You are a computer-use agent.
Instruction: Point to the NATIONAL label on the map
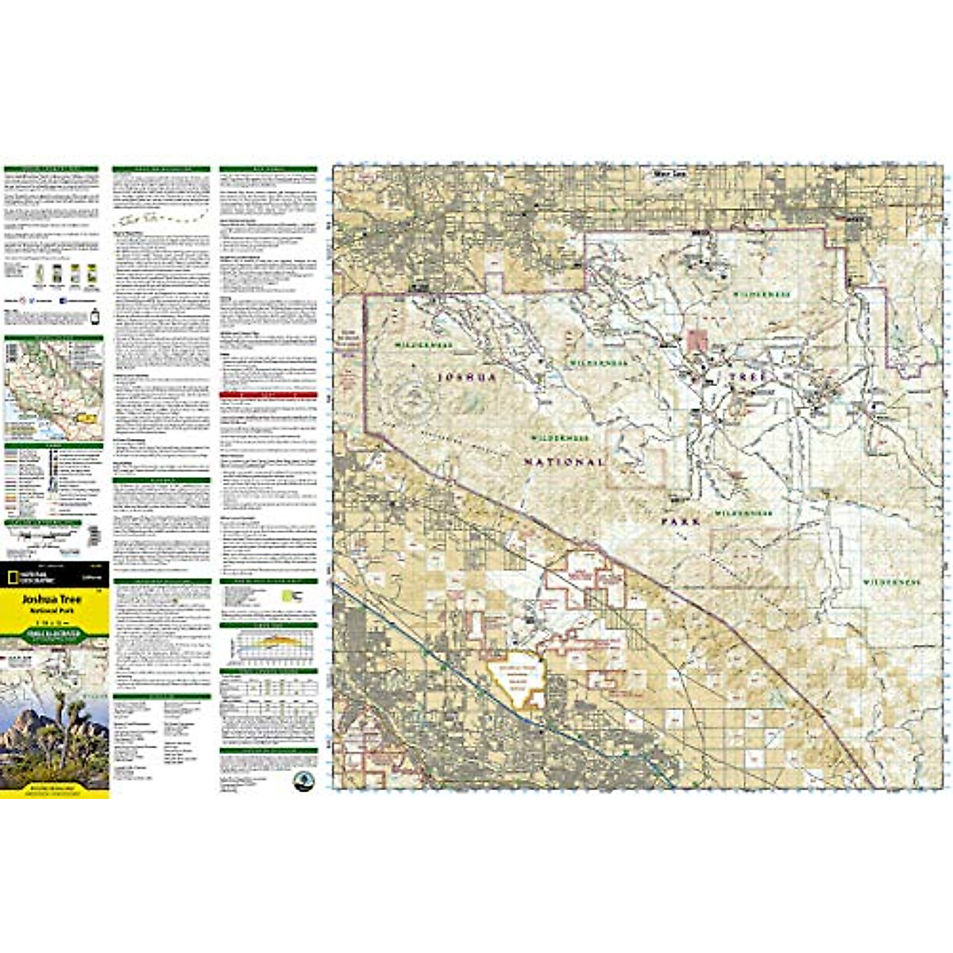[x=565, y=461]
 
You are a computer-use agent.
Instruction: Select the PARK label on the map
[x=681, y=522]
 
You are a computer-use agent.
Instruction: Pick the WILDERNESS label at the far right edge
[x=892, y=582]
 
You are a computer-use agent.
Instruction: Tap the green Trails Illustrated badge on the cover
[x=55, y=634]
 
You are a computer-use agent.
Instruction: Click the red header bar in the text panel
[x=268, y=395]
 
